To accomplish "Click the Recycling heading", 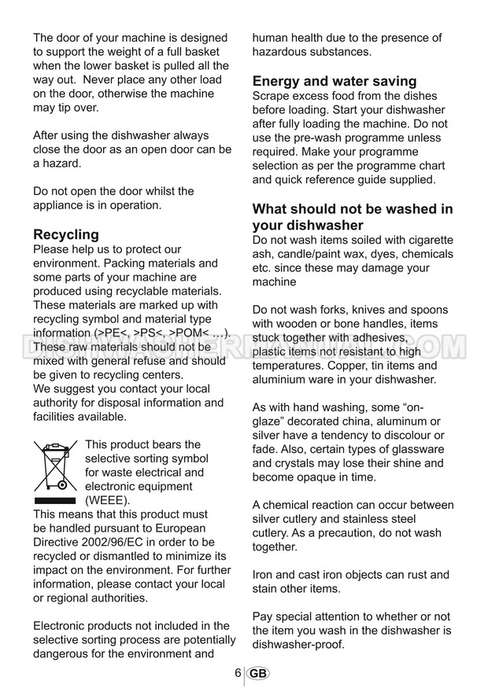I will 66,234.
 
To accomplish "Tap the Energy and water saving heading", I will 334,81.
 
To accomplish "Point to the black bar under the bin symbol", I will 55,500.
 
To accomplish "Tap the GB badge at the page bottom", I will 257,674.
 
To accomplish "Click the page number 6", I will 238,673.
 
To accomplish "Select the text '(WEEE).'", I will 108,500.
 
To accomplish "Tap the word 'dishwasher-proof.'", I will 298,645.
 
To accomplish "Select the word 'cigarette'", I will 428,240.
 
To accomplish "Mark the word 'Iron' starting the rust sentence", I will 264,575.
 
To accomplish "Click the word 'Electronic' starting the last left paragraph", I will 62,626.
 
